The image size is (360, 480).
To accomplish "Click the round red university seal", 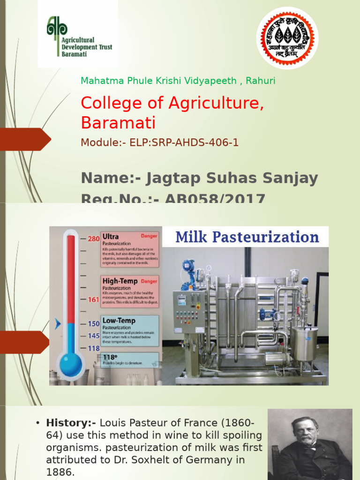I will (287, 37).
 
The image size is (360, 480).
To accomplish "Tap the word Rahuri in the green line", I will (261, 81).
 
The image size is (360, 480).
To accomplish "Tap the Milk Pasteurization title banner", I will (247, 237).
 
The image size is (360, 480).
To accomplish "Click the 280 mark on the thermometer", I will (94, 239).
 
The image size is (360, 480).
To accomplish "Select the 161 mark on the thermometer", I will (94, 300).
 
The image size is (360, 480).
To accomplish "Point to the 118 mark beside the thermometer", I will (94, 348).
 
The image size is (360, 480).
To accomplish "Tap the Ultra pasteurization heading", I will (111, 237).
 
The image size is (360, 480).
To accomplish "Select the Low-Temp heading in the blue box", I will (119, 321).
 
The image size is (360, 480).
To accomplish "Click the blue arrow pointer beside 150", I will (58, 323).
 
